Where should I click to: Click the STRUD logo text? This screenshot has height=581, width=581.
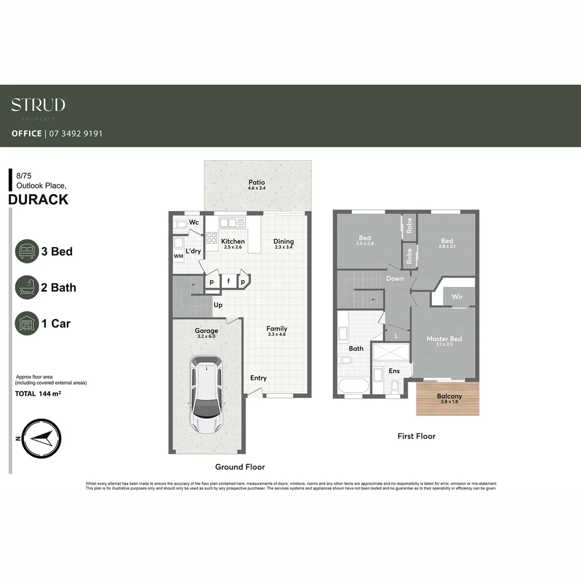38,105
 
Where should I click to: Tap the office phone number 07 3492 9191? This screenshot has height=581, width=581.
76,133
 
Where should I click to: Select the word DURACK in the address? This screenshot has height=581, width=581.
39,200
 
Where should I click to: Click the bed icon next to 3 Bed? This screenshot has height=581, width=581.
27,251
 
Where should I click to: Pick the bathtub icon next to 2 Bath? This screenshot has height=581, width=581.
27,287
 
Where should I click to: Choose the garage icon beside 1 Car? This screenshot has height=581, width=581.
27,323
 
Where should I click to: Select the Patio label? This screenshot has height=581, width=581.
257,182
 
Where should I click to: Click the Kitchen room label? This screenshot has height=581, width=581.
233,242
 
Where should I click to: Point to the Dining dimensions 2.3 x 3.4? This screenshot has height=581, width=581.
284,247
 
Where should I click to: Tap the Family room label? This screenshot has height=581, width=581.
277,329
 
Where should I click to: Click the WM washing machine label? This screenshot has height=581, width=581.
178,257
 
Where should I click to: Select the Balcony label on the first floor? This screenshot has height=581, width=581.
449,396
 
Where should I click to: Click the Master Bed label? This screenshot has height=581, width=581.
444,339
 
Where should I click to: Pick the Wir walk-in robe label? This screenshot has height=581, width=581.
457,297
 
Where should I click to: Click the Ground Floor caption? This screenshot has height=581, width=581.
240,467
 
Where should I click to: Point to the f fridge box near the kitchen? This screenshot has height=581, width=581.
228,281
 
